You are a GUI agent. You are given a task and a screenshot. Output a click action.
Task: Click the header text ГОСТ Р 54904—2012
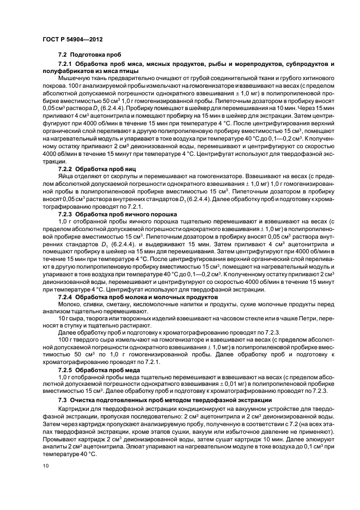pos(73,40)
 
